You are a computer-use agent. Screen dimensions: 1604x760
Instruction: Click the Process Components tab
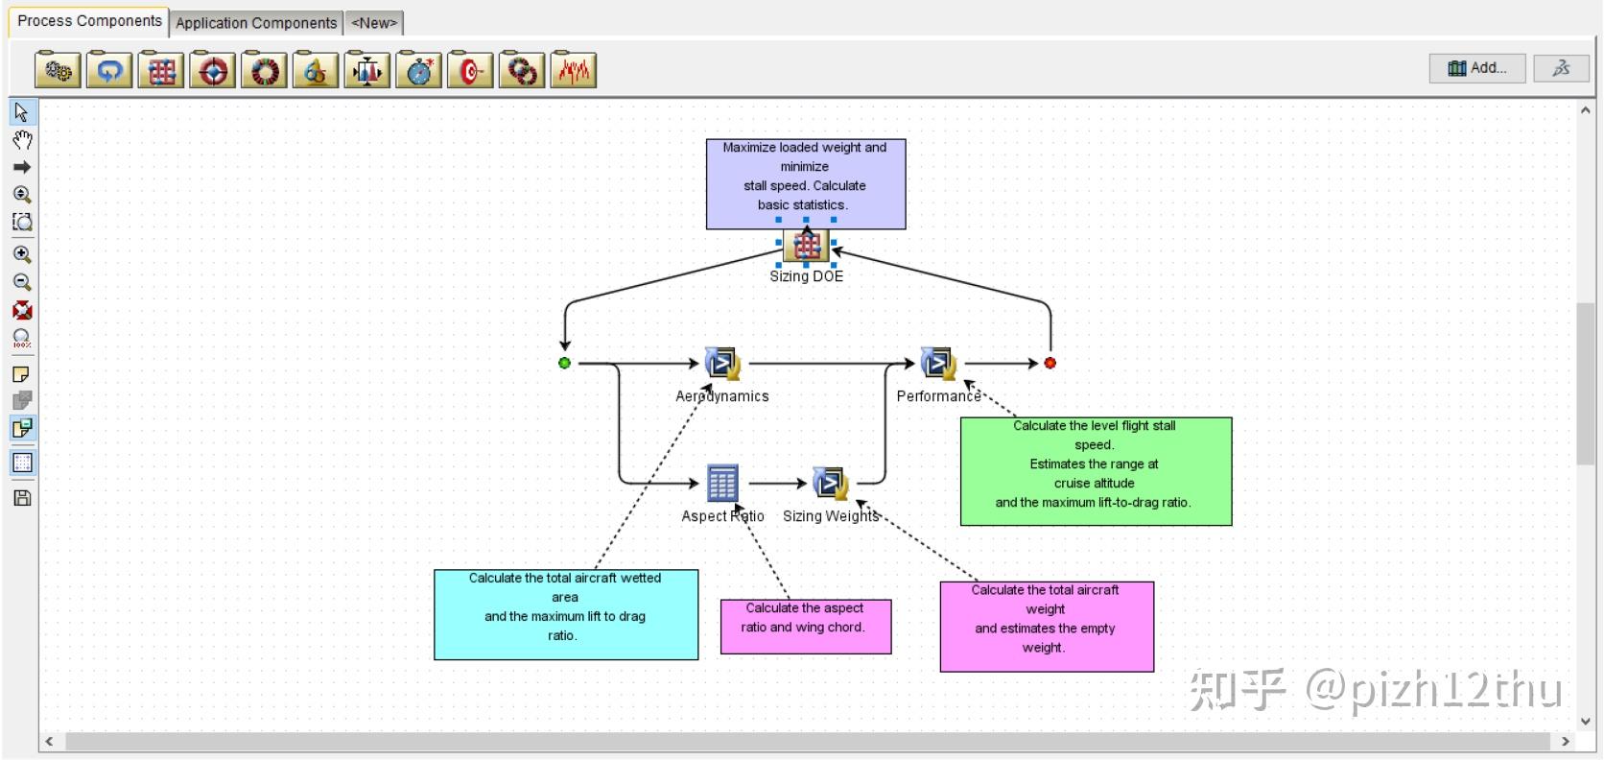point(89,21)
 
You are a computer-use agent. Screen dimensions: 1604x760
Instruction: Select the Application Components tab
point(255,23)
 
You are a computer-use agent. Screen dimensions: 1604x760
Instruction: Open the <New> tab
point(374,23)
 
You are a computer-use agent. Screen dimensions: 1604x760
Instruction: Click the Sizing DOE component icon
point(806,245)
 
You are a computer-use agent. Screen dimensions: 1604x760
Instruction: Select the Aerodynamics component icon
point(722,363)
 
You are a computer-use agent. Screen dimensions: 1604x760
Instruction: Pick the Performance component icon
point(939,363)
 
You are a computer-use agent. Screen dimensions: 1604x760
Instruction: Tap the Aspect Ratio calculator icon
point(722,483)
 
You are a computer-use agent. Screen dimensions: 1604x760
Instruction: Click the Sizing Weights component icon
point(831,484)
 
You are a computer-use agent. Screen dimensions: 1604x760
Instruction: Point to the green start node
point(564,363)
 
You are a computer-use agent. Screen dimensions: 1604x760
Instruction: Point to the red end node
point(1050,363)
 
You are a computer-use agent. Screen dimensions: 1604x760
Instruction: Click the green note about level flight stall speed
point(1096,471)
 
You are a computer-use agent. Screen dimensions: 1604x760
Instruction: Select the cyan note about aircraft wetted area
point(566,614)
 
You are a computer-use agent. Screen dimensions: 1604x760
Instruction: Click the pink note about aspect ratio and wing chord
point(806,627)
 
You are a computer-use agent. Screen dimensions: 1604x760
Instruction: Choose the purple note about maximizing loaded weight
point(806,184)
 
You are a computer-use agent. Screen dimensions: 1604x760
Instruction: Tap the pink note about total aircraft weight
point(1047,627)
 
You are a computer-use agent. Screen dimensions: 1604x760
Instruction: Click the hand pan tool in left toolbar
point(22,140)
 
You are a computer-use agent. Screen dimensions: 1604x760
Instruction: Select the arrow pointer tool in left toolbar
point(22,112)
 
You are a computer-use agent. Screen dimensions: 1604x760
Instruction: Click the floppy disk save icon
point(22,498)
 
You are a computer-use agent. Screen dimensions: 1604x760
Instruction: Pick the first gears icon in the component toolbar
point(58,70)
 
